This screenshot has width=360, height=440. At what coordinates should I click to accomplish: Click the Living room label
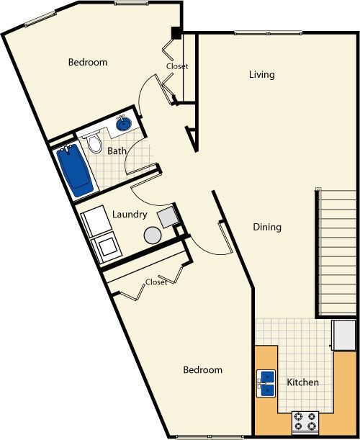pos(261,75)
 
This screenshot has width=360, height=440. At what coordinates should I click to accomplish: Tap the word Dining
pos(267,227)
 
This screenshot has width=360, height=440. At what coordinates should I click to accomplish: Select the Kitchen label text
pos(303,382)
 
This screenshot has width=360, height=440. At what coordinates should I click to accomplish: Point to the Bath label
pos(117,151)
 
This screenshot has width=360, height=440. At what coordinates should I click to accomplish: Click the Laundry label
pos(130,215)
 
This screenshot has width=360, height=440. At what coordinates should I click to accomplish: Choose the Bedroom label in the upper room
pos(88,63)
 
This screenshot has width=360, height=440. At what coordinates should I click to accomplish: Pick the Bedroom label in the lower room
pos(202,370)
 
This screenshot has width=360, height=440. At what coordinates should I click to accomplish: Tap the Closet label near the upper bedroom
pos(177,66)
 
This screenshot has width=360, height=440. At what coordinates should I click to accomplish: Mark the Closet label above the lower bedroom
pos(156,282)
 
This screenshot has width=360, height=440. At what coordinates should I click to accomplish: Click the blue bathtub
pos(76,171)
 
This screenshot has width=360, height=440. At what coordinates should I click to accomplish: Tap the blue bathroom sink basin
pos(123,125)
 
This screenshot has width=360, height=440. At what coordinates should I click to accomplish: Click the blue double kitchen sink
pos(266,383)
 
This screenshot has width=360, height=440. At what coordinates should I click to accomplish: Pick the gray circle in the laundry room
pos(153,235)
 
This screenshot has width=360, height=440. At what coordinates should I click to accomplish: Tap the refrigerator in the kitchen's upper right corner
pos(343,336)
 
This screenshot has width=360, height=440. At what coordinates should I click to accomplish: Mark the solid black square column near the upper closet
pos(175,33)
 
